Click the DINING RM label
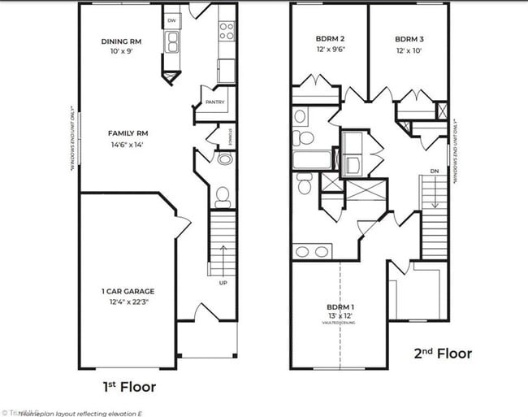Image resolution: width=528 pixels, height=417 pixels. tap(123, 41)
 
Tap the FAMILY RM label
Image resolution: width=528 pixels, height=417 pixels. tap(128, 132)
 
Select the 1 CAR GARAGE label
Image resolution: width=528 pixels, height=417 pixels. tap(128, 291)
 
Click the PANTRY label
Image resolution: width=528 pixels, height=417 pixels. tap(215, 102)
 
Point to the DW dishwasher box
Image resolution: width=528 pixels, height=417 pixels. tap(171, 21)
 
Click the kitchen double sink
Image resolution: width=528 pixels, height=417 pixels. tap(172, 42)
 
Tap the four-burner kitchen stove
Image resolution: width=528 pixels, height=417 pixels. tap(227, 31)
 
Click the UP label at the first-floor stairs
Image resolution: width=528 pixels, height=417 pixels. tap(223, 283)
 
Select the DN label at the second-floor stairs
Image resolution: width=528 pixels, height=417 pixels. tap(435, 171)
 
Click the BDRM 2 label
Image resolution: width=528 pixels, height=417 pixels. tap(331, 38)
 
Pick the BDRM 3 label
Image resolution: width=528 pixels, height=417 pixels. tap(409, 38)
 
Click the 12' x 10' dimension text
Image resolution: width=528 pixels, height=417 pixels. tap(409, 50)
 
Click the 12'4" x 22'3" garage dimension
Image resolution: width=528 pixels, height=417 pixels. tap(128, 302)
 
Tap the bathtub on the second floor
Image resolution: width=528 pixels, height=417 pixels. tap(312, 159)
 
